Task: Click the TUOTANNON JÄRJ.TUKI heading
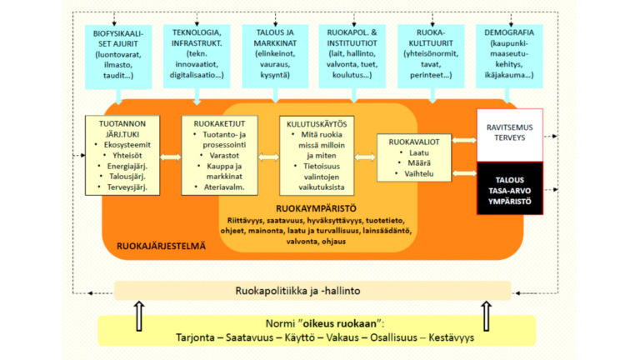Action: (x=121, y=126)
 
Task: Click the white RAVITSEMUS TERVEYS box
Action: (x=509, y=134)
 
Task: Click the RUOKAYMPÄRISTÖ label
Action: (x=314, y=207)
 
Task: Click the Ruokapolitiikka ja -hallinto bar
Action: (x=312, y=291)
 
